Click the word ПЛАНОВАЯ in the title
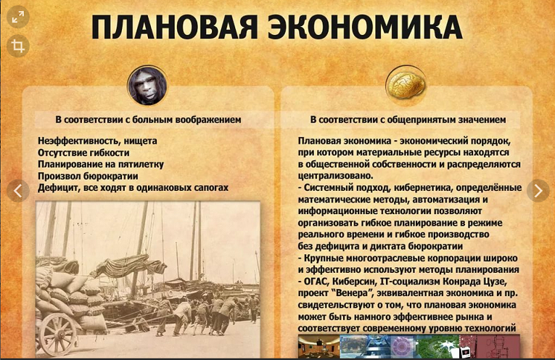point(174,27)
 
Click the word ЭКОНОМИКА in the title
point(365,27)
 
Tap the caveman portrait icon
point(147,86)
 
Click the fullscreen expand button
point(18,17)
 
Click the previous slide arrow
point(18,191)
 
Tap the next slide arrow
point(538,191)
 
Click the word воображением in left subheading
point(208,120)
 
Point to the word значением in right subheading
point(482,120)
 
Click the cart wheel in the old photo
point(58,334)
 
